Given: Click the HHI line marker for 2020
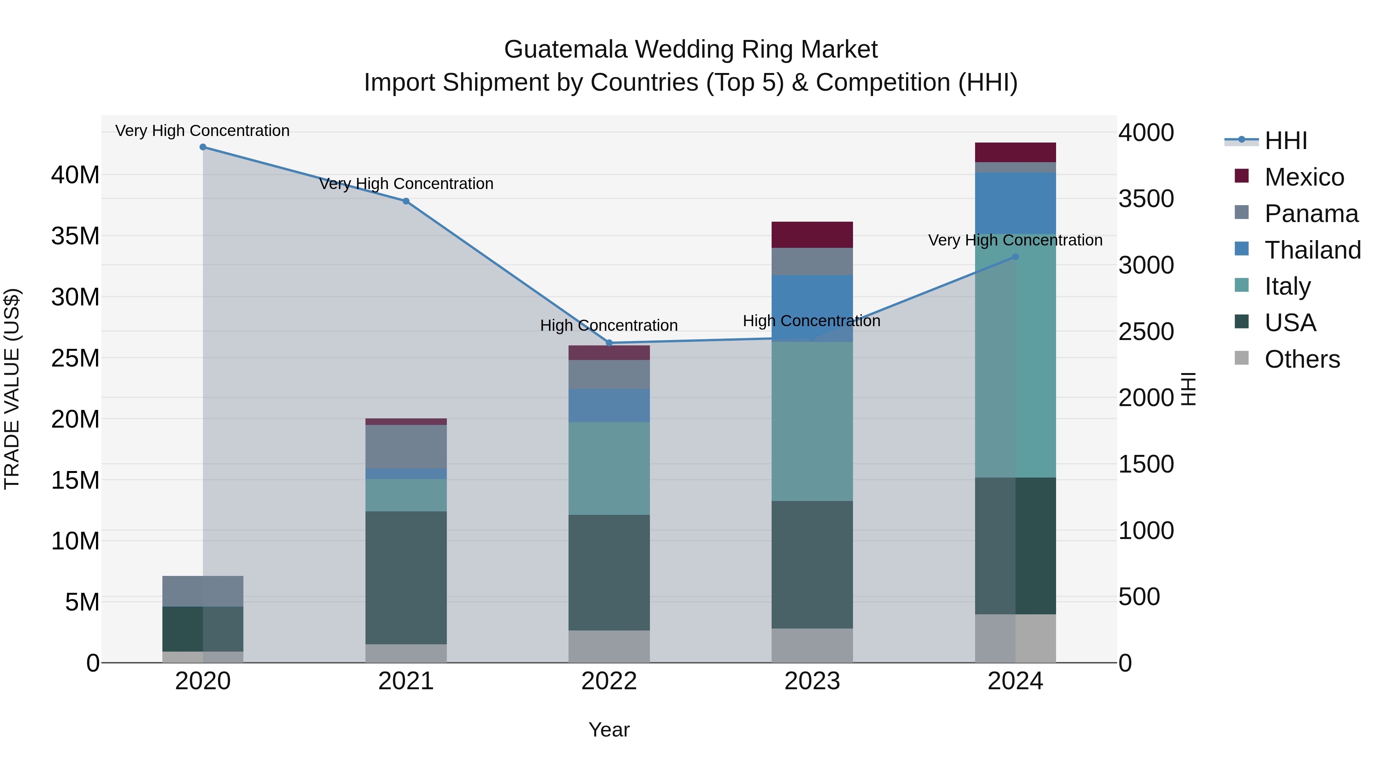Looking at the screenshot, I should click(x=203, y=147).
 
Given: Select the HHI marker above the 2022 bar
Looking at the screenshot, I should click(x=609, y=343).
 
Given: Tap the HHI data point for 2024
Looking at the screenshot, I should click(x=1015, y=257).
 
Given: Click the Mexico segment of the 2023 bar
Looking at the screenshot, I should click(x=812, y=235).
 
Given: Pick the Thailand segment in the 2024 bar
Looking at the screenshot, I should click(x=1015, y=203).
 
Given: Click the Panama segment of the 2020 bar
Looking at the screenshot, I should click(x=203, y=591).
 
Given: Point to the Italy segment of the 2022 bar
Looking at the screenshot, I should click(x=609, y=468).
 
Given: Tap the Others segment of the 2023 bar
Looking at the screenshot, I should click(x=812, y=645).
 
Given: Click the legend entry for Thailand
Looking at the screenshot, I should click(x=1312, y=250).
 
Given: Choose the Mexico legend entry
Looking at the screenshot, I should click(x=1304, y=177).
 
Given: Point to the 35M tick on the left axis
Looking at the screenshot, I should click(x=75, y=236).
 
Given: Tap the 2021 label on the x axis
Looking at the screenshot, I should click(x=406, y=681).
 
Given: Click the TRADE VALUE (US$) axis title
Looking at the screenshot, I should click(x=12, y=389).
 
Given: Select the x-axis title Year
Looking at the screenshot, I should click(x=609, y=730).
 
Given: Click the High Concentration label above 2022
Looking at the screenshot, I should click(x=609, y=325).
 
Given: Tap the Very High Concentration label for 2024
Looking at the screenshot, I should click(x=1015, y=240).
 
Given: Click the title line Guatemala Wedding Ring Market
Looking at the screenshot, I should click(x=691, y=50).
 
